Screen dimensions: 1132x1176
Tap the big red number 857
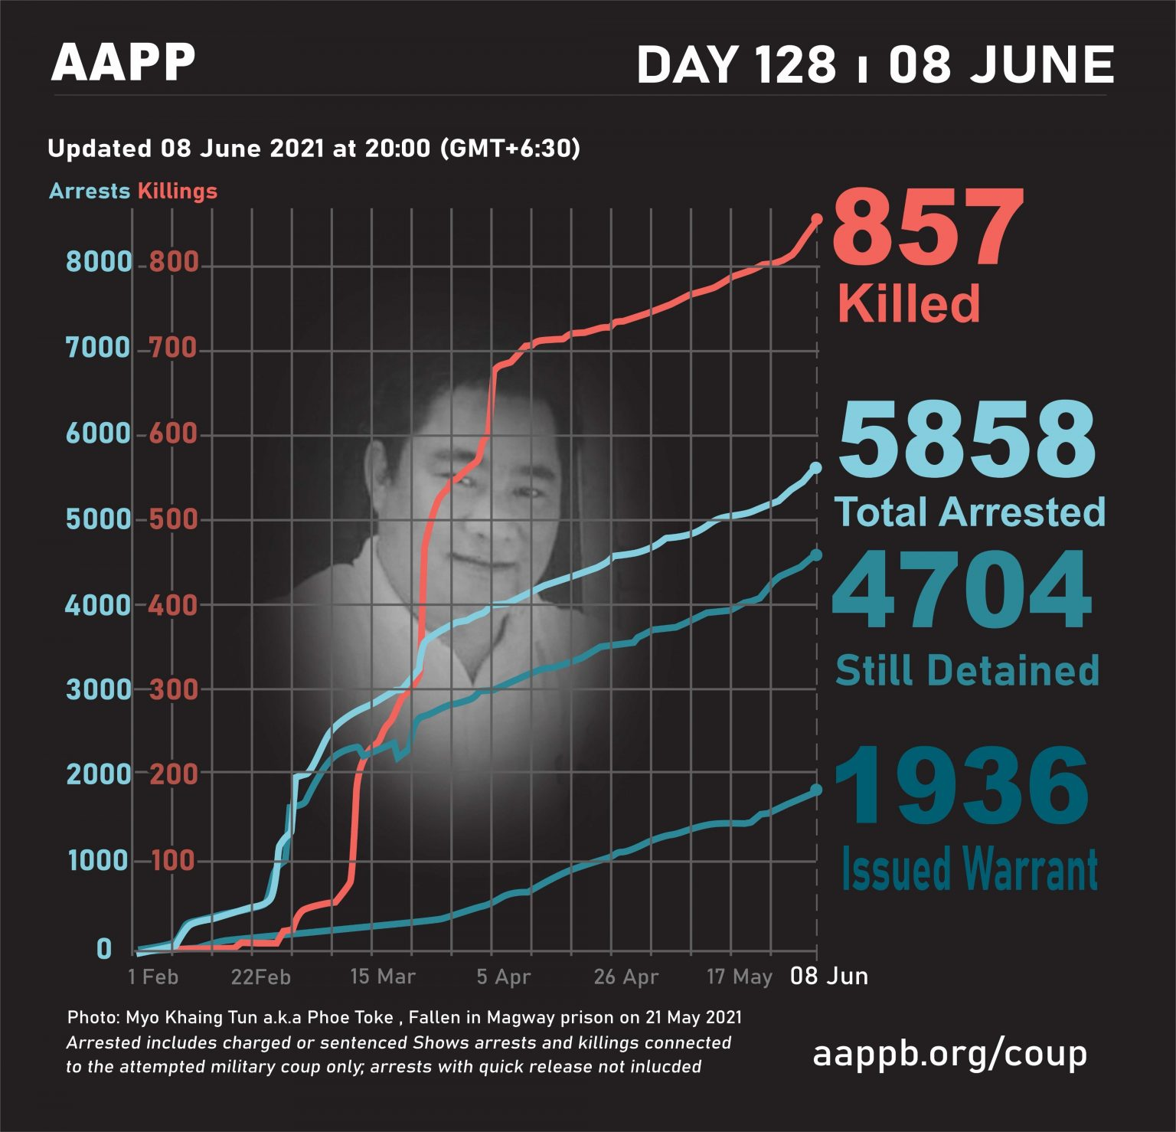pos(927,229)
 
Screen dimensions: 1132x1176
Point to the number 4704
pos(962,591)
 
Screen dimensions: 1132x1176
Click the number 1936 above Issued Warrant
pos(961,787)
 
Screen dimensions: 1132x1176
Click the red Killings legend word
pos(178,191)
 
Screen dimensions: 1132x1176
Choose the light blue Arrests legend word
pos(89,191)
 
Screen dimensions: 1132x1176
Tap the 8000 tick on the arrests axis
pos(99,262)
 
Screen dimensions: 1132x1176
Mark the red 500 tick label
pos(173,520)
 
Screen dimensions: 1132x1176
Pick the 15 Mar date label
pos(382,977)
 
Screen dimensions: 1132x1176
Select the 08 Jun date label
pos(829,976)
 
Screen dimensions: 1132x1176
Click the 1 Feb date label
pos(153,977)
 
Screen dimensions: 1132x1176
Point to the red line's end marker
pos(816,219)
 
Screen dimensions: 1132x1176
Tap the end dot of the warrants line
pos(816,790)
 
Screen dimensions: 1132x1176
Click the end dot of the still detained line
pos(816,555)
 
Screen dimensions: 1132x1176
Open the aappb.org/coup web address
pos(949,1054)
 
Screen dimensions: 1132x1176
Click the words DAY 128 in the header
pos(736,64)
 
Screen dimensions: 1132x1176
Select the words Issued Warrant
pos(969,869)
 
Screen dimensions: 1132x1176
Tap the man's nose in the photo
pos(479,521)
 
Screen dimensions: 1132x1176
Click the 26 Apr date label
pos(626,977)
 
